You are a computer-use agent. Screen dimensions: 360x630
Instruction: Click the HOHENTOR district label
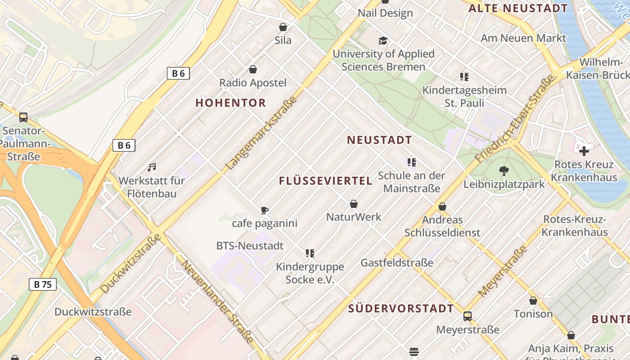(230, 103)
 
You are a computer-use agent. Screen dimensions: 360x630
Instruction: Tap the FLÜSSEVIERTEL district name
(326, 181)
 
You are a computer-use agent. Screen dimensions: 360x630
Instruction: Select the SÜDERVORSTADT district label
(401, 308)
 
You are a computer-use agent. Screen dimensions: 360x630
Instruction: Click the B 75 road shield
(43, 284)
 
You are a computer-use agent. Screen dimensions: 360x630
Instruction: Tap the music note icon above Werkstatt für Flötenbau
(152, 167)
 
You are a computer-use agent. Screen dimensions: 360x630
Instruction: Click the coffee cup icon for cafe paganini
(265, 210)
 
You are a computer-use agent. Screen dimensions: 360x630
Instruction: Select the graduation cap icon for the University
(383, 41)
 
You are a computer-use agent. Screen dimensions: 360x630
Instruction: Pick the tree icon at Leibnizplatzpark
(504, 171)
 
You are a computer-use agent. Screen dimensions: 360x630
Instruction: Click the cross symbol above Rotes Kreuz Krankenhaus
(584, 151)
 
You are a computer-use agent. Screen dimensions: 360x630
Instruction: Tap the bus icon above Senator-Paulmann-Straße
(23, 117)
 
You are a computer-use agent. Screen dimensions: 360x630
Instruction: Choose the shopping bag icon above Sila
(283, 27)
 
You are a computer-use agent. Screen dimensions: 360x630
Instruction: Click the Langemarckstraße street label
(261, 133)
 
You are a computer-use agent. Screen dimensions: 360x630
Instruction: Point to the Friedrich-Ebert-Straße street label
(514, 119)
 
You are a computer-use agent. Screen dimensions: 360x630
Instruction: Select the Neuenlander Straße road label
(217, 302)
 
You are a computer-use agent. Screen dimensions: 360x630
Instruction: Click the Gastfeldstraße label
(397, 263)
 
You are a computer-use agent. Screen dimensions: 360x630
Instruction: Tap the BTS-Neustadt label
(250, 246)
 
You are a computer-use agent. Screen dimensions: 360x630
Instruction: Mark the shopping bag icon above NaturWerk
(354, 204)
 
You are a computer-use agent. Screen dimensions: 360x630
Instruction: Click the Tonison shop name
(533, 314)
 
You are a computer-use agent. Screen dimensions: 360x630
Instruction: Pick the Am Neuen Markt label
(523, 38)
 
